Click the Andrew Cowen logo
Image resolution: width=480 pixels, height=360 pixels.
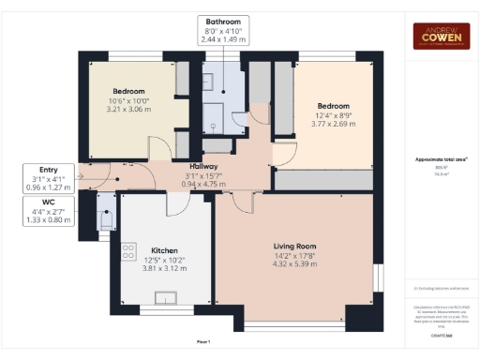click(441, 35)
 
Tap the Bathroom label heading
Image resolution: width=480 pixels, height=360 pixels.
click(224, 22)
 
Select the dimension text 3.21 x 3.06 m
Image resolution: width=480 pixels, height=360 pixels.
click(128, 110)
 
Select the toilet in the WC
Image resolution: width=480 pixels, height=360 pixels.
click(107, 217)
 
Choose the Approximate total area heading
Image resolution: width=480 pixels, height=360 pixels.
click(440, 159)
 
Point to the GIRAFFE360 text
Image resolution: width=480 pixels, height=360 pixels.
click(440, 333)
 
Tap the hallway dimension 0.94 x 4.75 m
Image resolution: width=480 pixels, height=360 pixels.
click(203, 184)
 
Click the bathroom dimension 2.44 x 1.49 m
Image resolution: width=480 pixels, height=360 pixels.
click(224, 40)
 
